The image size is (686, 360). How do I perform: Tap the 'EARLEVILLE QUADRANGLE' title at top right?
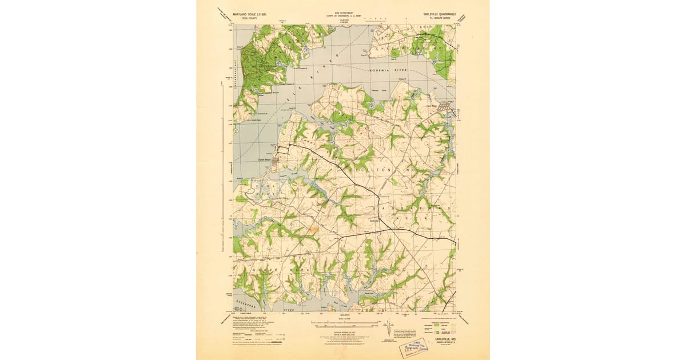click(437, 14)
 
